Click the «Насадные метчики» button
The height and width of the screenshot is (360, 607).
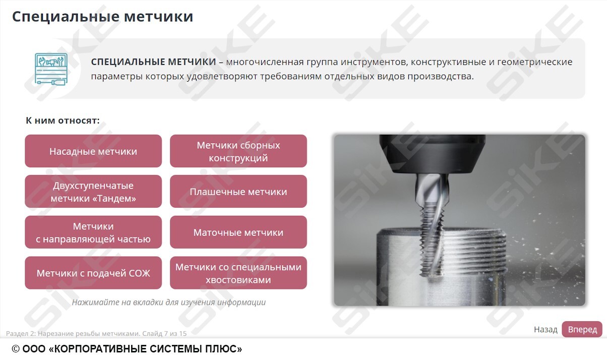tap(93, 151)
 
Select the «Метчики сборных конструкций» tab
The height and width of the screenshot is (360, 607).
tap(238, 151)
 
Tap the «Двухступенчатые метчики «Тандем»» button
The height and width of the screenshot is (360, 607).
tap(93, 192)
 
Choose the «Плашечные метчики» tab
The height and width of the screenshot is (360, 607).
tap(238, 192)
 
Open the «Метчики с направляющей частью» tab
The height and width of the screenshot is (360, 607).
tap(93, 232)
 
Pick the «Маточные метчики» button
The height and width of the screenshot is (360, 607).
tap(238, 232)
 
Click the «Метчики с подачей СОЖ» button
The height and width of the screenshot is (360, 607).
tap(93, 273)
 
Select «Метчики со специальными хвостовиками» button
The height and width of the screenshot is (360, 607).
tap(238, 273)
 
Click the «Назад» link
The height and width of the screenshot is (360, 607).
tap(545, 329)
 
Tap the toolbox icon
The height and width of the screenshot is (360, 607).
tap(51, 69)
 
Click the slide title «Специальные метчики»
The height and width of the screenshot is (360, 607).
tap(103, 17)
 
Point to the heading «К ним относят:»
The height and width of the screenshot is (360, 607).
tap(63, 121)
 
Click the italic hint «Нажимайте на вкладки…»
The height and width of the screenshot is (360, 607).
tap(168, 302)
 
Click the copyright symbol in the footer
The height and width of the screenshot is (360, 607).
tap(16, 349)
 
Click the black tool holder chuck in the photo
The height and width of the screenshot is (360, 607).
tap(432, 154)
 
